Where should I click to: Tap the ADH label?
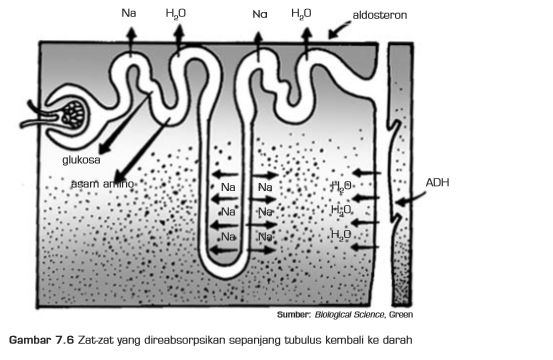(x=437, y=182)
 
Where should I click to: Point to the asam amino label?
(x=102, y=184)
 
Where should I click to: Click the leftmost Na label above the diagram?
(x=130, y=15)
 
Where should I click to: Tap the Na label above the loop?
(x=260, y=15)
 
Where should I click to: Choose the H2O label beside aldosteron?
(x=300, y=15)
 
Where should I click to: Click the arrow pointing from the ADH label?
(x=410, y=200)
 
